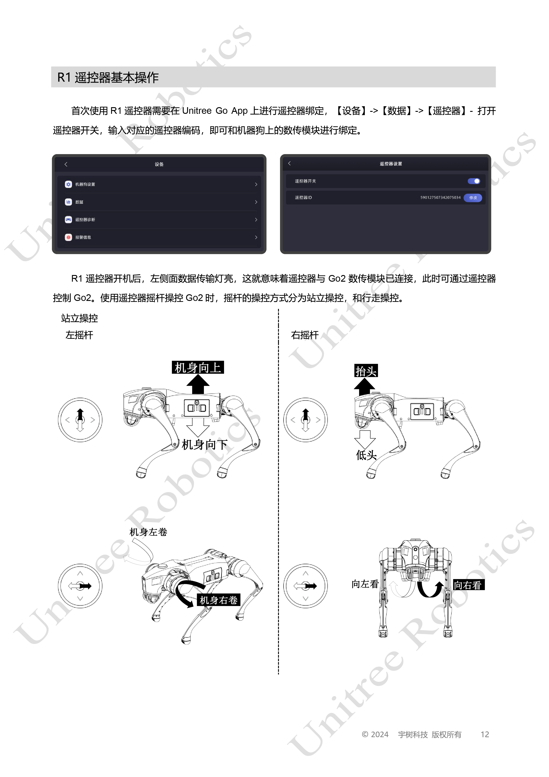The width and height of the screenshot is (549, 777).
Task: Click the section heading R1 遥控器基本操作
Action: [x=108, y=78]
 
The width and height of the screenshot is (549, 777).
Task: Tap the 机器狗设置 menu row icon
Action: [x=68, y=184]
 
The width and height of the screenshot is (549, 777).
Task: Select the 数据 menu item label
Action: [x=79, y=202]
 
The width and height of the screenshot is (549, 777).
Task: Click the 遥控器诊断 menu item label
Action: [x=85, y=220]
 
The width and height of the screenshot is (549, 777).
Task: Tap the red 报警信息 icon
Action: [x=68, y=237]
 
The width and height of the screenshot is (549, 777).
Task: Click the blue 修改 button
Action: [x=473, y=198]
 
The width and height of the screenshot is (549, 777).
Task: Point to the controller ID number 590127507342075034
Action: [x=440, y=198]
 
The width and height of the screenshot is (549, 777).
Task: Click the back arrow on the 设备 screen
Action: [x=66, y=164]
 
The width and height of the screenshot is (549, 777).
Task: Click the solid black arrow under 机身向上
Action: [x=198, y=384]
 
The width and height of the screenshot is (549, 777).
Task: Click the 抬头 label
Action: [x=366, y=371]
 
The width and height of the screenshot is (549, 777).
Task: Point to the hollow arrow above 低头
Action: [x=365, y=440]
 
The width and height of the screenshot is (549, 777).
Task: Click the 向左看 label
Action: [x=365, y=584]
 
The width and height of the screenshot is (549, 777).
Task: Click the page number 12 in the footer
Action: [x=485, y=734]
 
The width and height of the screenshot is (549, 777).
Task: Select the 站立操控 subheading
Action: [x=79, y=318]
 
